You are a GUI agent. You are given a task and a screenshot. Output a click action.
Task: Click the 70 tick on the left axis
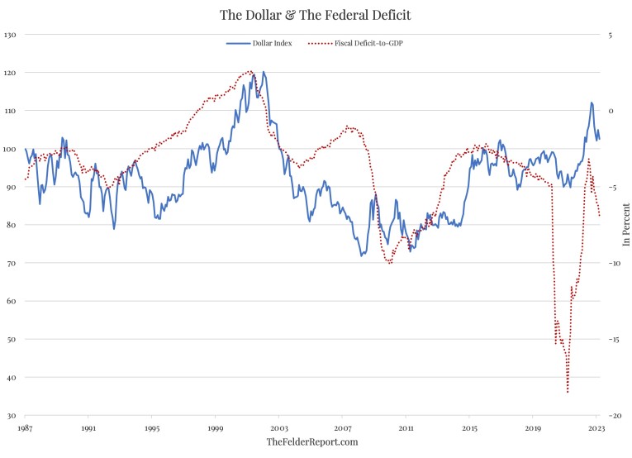click(12, 263)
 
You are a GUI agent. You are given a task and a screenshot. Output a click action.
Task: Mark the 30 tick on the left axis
click(12, 415)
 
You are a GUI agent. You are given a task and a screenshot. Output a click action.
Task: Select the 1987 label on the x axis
click(25, 429)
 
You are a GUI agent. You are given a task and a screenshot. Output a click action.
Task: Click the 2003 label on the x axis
click(278, 429)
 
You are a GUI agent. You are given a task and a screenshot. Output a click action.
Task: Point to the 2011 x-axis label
click(406, 429)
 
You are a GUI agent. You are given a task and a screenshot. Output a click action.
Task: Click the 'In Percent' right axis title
click(625, 225)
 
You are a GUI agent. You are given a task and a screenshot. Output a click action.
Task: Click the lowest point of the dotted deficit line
click(568, 392)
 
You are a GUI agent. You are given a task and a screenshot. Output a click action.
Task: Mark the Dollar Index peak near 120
click(264, 72)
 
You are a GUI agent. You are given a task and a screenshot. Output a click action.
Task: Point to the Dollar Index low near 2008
click(361, 255)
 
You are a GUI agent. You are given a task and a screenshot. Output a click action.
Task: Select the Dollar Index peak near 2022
click(592, 103)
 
